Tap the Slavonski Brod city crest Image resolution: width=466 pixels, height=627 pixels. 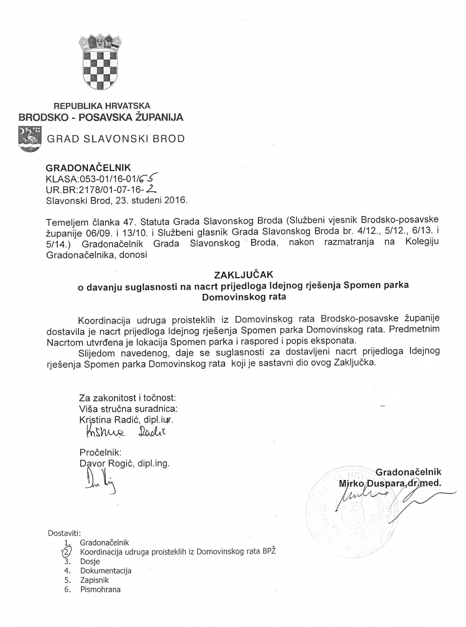30,139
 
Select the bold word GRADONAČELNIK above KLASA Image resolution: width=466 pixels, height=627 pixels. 88,168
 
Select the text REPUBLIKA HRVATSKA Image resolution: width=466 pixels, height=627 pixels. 102,106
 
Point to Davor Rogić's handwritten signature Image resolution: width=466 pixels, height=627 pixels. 100,482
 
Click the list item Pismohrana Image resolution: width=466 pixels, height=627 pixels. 100,590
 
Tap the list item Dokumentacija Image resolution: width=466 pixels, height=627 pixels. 106,571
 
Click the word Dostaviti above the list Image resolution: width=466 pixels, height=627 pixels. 64,533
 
